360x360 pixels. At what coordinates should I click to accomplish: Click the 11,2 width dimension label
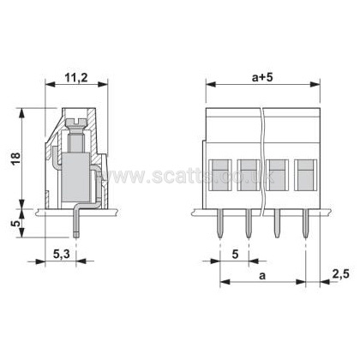point(76,77)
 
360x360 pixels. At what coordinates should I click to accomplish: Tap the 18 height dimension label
point(16,159)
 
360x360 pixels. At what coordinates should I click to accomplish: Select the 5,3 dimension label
point(62,254)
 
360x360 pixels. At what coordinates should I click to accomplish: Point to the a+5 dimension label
point(262,77)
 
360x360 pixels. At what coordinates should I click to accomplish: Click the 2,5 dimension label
point(340,274)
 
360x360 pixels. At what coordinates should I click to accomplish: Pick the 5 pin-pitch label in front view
point(235,254)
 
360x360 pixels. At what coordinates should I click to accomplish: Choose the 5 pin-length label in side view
point(17,223)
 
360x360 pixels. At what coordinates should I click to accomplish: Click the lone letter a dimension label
point(262,276)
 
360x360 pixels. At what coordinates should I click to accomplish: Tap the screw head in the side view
point(76,123)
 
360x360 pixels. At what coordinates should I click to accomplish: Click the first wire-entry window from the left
point(220,175)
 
